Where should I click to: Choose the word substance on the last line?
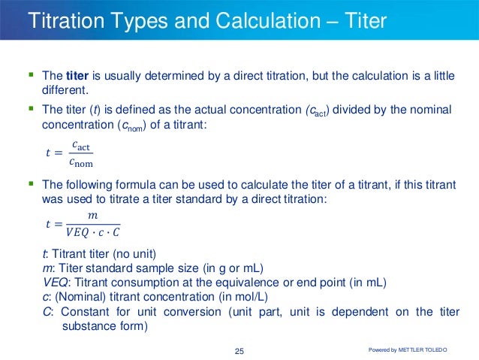coord(85,327)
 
